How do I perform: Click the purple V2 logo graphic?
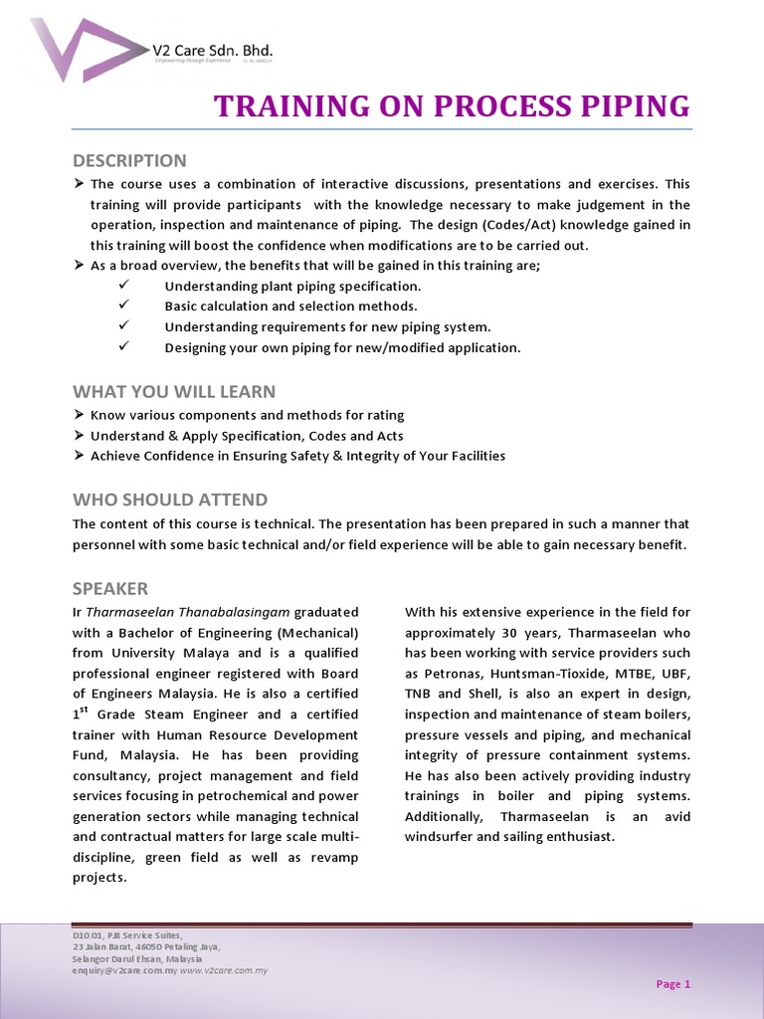85,49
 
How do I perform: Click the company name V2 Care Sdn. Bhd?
212,49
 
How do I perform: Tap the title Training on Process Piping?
452,105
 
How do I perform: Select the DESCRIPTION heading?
129,160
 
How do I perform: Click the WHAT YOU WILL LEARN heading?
174,391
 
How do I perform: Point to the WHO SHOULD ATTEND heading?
170,500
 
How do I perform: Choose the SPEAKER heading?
110,588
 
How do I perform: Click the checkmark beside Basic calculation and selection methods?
123,306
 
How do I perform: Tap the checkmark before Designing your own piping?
123,346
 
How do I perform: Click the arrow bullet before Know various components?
79,415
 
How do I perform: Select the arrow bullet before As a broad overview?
79,266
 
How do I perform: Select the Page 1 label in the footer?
672,984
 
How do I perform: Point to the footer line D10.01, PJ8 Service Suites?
126,936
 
